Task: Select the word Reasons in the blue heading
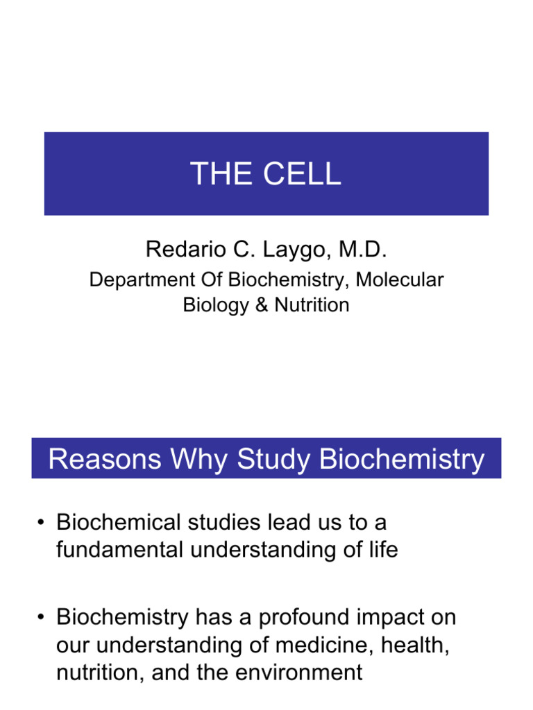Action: pos(95,459)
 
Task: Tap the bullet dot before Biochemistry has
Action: pos(42,616)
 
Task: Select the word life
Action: pos(383,550)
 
